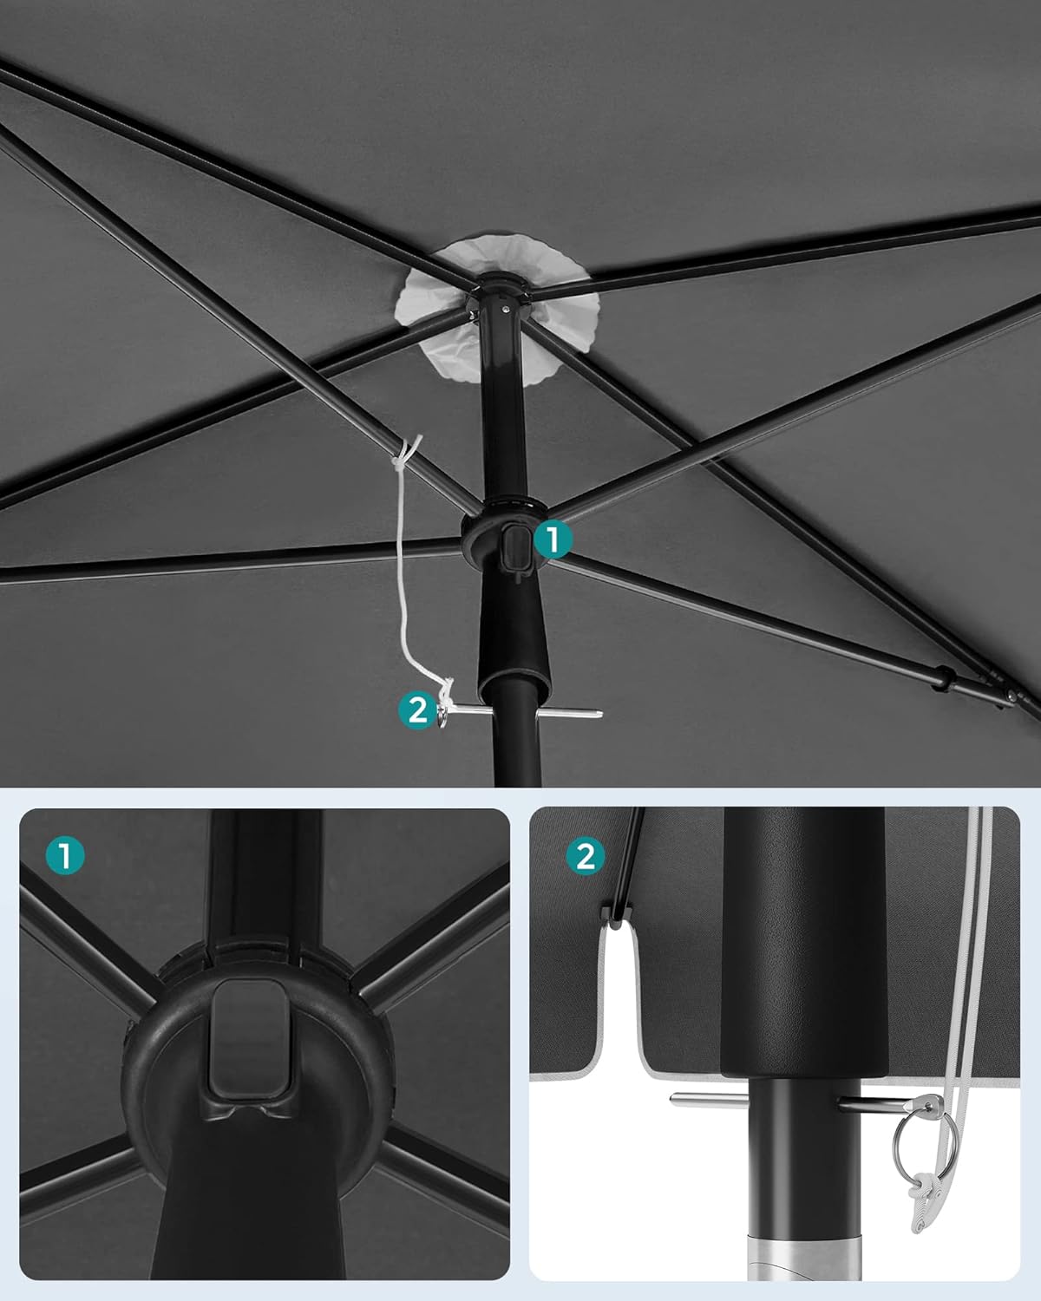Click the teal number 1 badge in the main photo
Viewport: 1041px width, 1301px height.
[x=553, y=539]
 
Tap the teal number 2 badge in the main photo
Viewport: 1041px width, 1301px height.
[x=418, y=711]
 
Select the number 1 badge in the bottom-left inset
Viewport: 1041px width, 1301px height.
[x=65, y=855]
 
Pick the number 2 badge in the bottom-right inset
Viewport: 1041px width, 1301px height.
[x=586, y=856]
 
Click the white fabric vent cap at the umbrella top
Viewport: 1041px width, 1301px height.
[x=497, y=308]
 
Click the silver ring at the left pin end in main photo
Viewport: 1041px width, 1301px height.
[x=442, y=716]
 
